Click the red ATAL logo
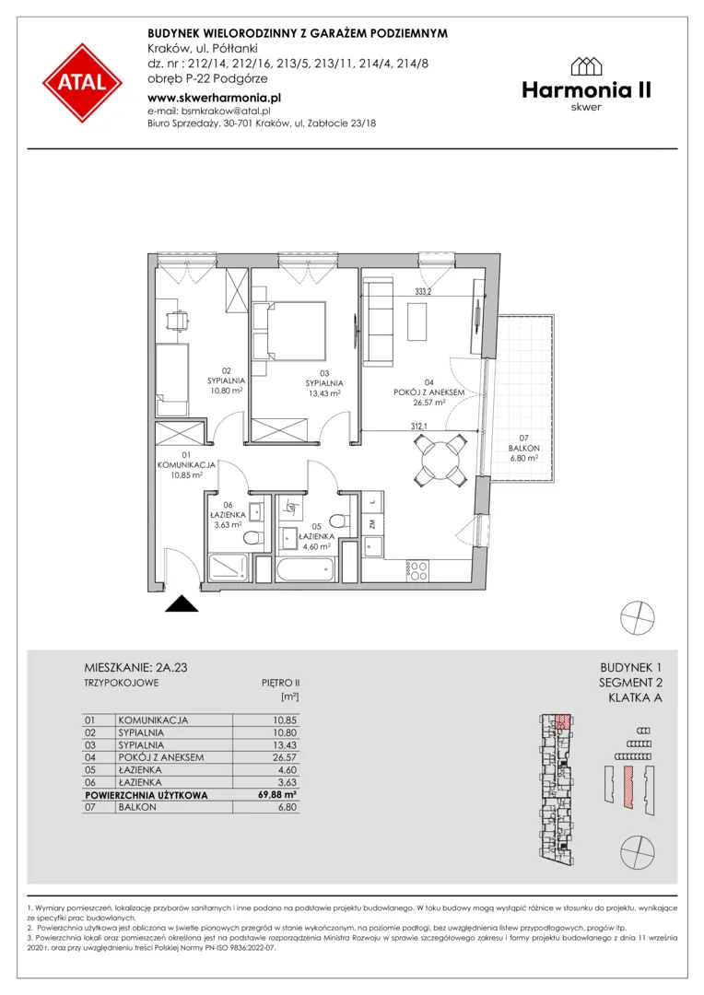pyautogui.click(x=83, y=83)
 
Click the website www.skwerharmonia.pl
pyautogui.click(x=214, y=98)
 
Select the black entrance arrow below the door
pyautogui.click(x=182, y=603)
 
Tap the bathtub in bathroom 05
pyautogui.click(x=305, y=568)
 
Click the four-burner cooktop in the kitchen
pyautogui.click(x=418, y=571)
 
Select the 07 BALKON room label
pyautogui.click(x=523, y=448)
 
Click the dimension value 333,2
pyautogui.click(x=423, y=292)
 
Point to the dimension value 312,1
pyautogui.click(x=418, y=427)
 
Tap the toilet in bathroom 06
pyautogui.click(x=252, y=538)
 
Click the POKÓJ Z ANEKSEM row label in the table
pyautogui.click(x=161, y=757)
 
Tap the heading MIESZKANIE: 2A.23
pyautogui.click(x=135, y=668)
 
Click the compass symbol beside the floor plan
pyautogui.click(x=638, y=617)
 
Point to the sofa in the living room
pyautogui.click(x=379, y=323)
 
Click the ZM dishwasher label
pyautogui.click(x=372, y=524)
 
